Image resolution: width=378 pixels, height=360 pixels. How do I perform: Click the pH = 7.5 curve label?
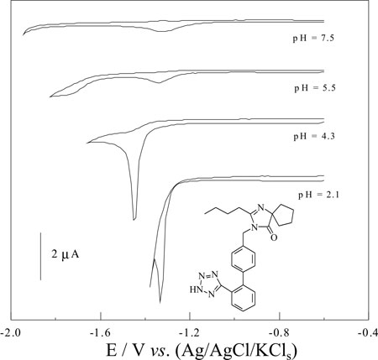(313, 38)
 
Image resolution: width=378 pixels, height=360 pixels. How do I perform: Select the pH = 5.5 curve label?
(315, 88)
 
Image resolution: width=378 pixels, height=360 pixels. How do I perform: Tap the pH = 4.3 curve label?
(314, 137)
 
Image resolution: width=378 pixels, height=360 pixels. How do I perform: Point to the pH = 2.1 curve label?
(318, 195)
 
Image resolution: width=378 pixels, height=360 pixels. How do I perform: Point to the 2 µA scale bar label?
(66, 254)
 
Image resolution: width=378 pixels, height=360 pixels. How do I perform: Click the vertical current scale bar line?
(41, 256)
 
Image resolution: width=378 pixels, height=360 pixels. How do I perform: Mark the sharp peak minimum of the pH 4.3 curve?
(134, 220)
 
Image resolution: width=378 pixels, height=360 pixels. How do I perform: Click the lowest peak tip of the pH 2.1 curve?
(160, 303)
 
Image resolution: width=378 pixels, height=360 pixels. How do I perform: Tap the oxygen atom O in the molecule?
(275, 237)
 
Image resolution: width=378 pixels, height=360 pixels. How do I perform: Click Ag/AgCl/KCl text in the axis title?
(236, 350)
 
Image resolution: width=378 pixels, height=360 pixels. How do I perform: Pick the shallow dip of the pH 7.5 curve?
(162, 31)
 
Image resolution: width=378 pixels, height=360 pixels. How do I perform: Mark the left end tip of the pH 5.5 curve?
(50, 97)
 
